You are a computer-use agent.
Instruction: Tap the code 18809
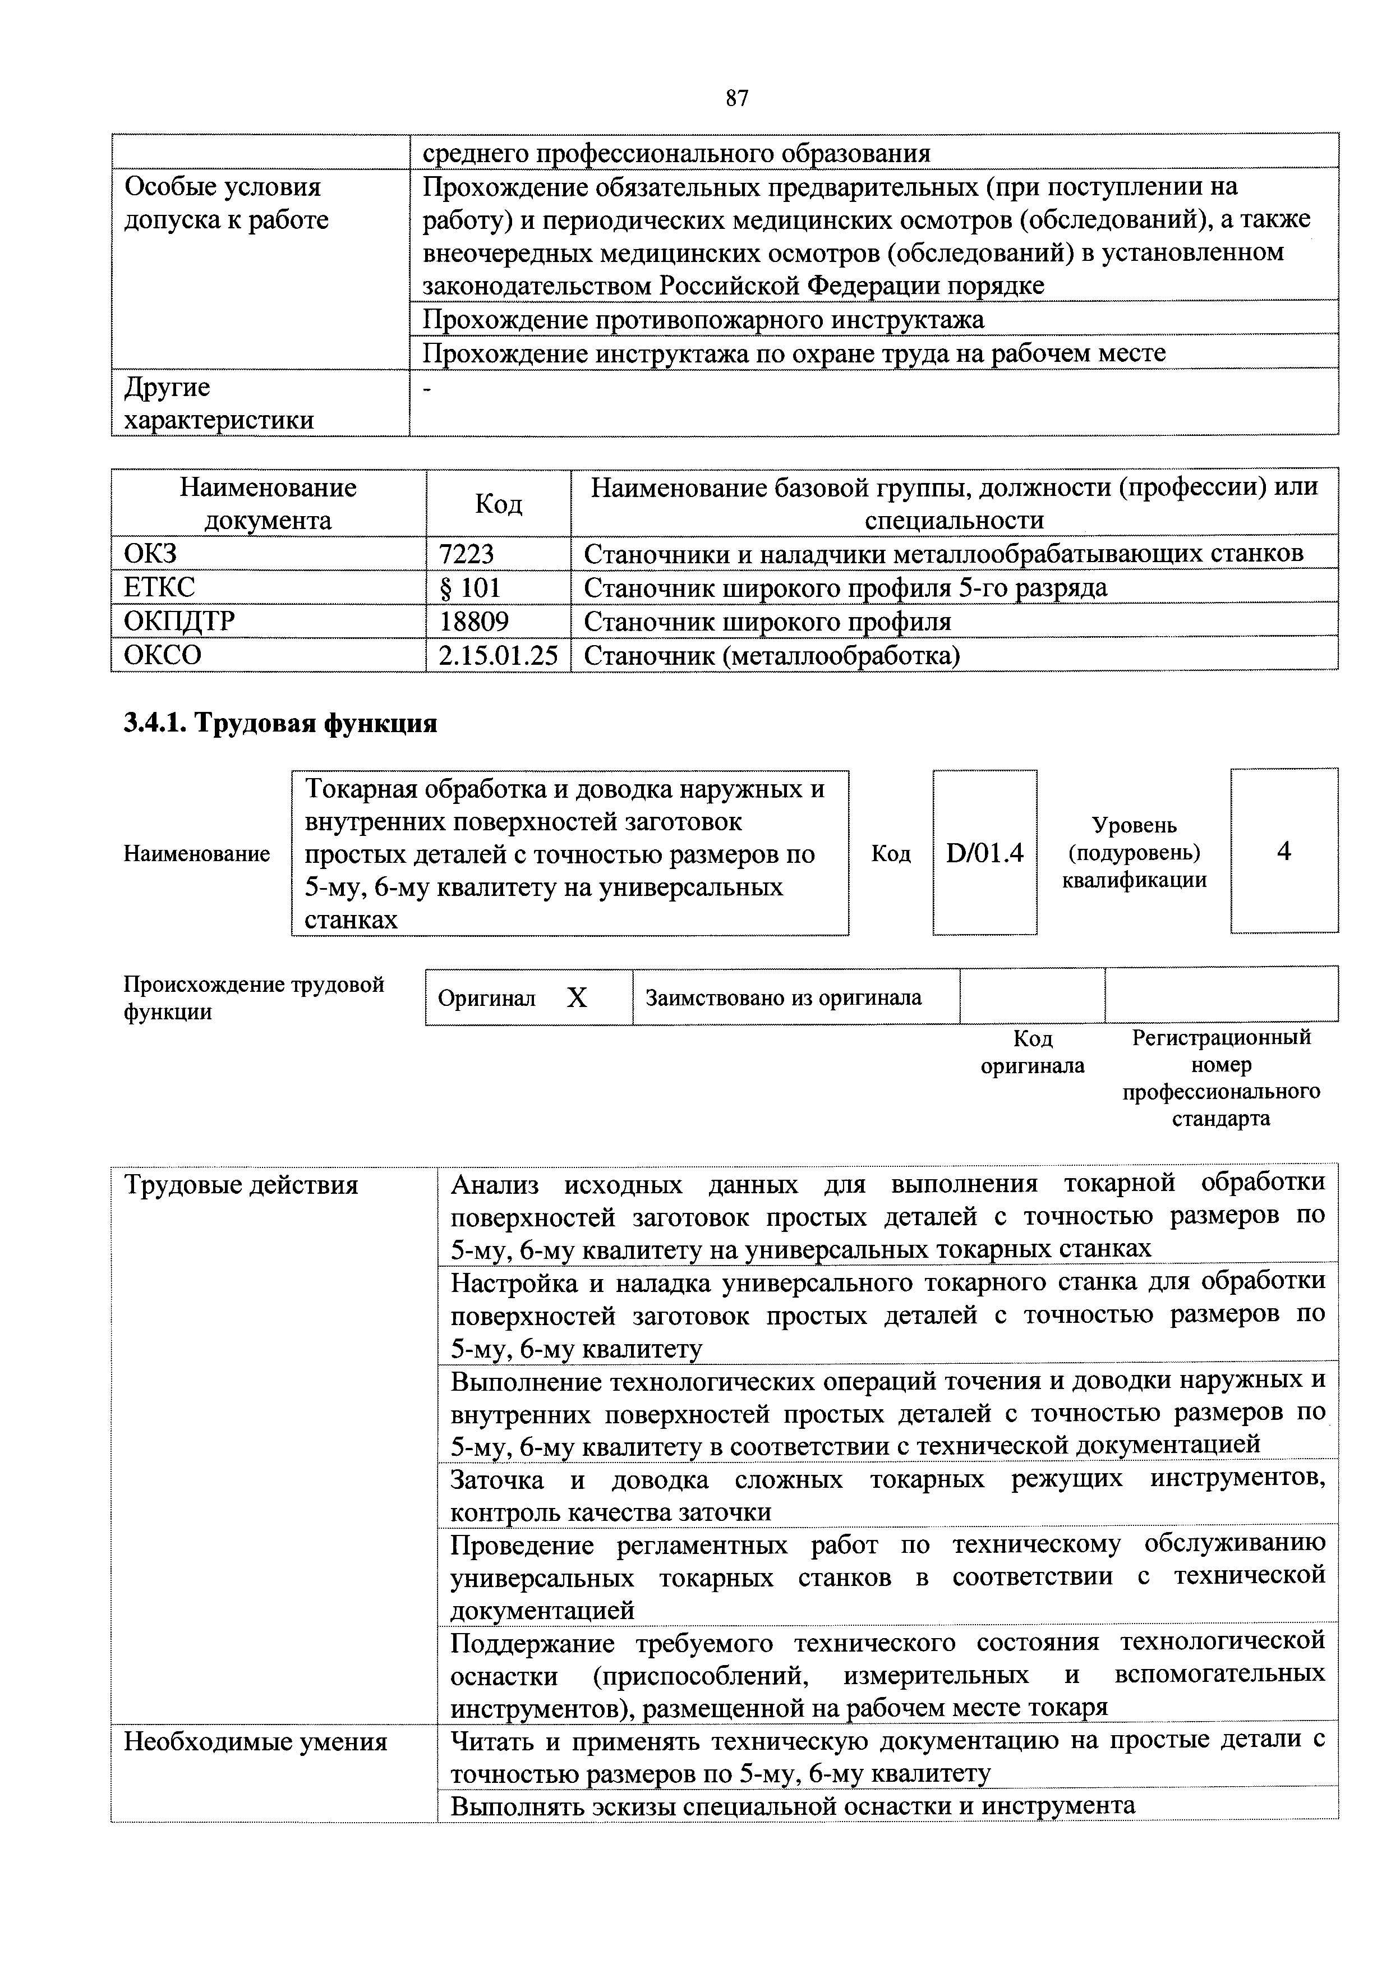(x=474, y=620)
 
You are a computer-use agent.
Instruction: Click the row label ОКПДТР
(x=179, y=620)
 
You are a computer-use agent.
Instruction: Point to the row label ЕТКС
(x=159, y=587)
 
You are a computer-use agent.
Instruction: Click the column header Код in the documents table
(x=498, y=504)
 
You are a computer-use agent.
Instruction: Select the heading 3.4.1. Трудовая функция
(x=280, y=724)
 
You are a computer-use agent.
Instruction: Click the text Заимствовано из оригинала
(x=784, y=997)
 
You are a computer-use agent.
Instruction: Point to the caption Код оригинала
(x=1032, y=1052)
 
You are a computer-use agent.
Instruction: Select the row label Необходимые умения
(x=255, y=1742)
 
